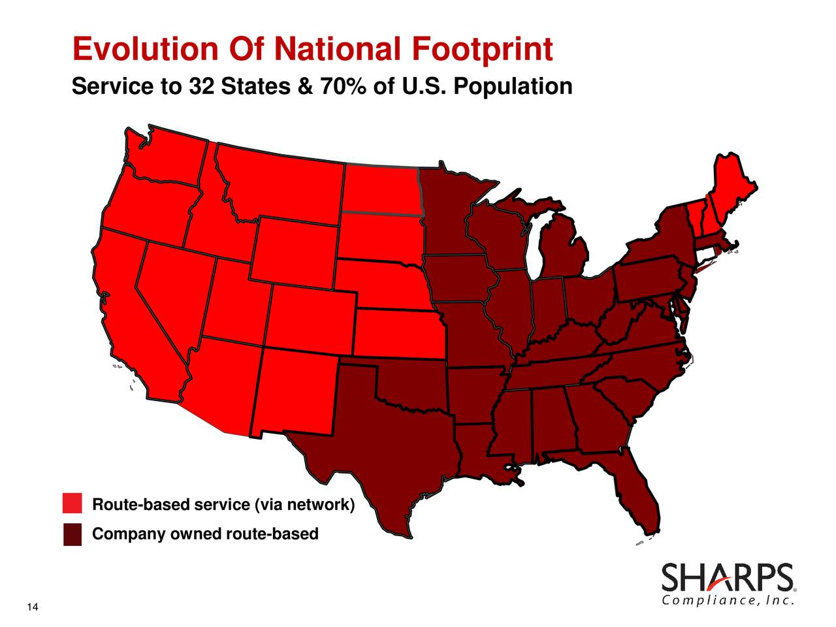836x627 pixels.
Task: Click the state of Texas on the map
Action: (385, 444)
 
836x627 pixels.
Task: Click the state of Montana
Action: (281, 183)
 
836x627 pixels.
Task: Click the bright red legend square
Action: (72, 504)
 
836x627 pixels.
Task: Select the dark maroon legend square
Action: (72, 534)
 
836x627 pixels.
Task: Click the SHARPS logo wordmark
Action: (728, 578)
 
